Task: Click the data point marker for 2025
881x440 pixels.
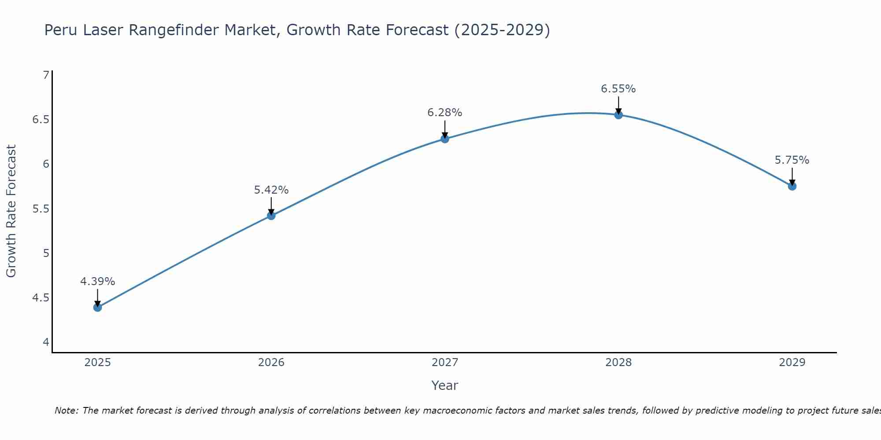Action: click(98, 307)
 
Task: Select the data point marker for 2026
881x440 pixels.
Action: click(271, 216)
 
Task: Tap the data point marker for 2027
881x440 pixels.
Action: click(445, 139)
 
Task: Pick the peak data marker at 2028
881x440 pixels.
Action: click(618, 115)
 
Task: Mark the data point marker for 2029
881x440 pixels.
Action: click(792, 186)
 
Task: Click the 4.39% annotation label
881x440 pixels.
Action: click(98, 282)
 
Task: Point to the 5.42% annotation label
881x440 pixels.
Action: click(271, 190)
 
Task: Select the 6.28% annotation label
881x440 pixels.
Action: click(445, 113)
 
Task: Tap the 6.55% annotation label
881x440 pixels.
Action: click(618, 89)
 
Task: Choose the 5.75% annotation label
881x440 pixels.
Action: click(792, 160)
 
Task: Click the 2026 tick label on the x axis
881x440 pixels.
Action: click(271, 363)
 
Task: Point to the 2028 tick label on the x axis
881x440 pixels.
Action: click(618, 363)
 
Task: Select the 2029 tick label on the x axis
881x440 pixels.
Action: click(792, 363)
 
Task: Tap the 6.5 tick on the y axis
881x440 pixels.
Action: click(41, 120)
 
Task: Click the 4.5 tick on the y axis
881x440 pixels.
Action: click(41, 298)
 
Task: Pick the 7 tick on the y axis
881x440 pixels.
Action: click(46, 75)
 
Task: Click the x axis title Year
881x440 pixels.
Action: click(445, 385)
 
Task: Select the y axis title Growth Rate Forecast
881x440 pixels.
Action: click(11, 211)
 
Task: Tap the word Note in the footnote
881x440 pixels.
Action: click(66, 411)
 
